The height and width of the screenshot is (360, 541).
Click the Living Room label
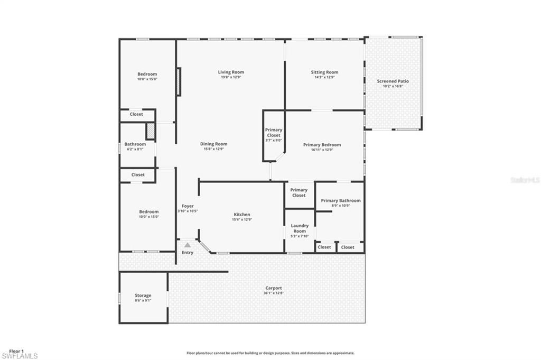pos(231,72)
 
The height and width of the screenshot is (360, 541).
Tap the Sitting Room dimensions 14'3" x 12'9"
pos(324,77)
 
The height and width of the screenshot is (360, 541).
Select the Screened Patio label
pos(393,81)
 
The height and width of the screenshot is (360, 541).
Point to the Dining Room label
pos(213,144)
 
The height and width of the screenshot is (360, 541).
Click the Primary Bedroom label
pos(322,144)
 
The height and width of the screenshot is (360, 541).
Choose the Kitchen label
pos(242,214)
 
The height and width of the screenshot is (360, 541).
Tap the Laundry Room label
pos(300,228)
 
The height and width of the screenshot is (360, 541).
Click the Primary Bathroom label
pos(341,200)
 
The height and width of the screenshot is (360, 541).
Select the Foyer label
pos(188,206)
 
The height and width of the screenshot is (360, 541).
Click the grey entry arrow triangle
pos(187,245)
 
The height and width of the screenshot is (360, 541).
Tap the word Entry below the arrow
pos(188,253)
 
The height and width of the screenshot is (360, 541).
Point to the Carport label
pos(274,288)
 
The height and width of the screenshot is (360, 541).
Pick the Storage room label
pos(143,296)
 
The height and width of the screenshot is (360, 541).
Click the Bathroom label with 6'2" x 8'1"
pos(135,144)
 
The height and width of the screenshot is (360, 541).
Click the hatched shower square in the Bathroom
pos(150,132)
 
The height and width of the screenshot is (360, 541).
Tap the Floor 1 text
pos(16,351)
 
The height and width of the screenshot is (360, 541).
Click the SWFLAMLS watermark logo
pos(19,356)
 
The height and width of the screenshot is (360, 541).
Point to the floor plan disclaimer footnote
pos(270,353)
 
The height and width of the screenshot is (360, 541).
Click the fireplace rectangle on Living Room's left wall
pos(179,81)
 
